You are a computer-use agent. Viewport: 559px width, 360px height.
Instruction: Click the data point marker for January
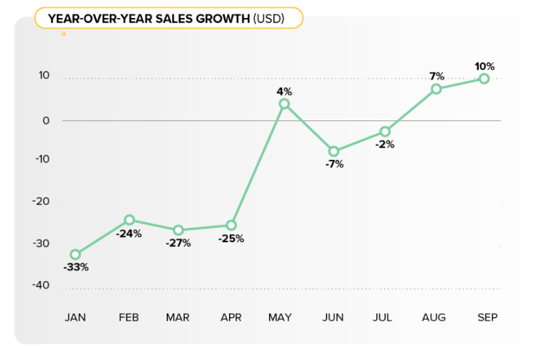coord(75,255)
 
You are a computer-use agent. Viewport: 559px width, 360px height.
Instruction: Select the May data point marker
coord(284,104)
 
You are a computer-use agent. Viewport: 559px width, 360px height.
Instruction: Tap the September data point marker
coord(484,79)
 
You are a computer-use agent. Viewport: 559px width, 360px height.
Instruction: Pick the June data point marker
coord(333,151)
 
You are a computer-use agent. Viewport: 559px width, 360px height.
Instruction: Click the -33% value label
coord(75,267)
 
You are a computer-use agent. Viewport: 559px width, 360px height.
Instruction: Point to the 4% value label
coord(284,91)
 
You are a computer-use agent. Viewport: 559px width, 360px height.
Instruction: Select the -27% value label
coord(178,243)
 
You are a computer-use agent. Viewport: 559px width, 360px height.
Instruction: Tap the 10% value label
coord(484,66)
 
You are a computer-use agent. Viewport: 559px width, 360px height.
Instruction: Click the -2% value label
coord(385,145)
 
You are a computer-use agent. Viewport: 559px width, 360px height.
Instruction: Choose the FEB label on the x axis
coord(129,317)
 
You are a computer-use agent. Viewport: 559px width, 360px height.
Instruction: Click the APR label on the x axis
coord(231,317)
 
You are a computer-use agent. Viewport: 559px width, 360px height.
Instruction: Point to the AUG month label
coord(434,317)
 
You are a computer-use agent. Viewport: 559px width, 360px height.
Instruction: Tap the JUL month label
coord(382,317)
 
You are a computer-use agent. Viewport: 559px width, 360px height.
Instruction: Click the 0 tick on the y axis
coord(46,120)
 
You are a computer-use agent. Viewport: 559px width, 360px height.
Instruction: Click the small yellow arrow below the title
coord(64,33)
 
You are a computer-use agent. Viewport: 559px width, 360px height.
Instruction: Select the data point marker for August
coord(437,89)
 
